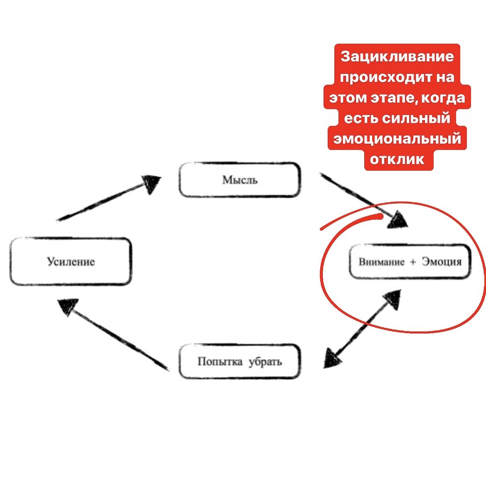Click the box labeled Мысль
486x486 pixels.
pos(240,180)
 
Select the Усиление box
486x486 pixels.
pos(71,261)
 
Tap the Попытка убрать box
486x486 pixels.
pos(240,361)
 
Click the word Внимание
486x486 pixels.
pos(382,262)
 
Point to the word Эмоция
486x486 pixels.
pos(442,262)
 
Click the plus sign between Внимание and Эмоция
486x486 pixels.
pos(413,262)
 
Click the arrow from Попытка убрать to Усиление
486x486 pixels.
pos(113,334)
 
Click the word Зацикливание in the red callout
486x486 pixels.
pos(397,57)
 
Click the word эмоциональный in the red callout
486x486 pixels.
pos(397,139)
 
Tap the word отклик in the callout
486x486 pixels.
pos(397,160)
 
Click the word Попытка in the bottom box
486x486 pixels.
pos(220,361)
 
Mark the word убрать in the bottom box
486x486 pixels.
pos(265,362)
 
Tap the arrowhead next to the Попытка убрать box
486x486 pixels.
pos(332,358)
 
